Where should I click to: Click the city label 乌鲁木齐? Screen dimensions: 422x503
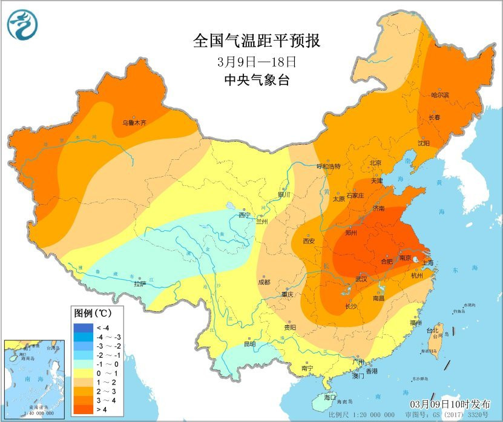135,122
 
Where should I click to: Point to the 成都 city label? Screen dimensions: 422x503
264,282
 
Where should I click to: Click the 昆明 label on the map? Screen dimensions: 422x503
250,344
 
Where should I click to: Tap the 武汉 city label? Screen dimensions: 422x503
361,279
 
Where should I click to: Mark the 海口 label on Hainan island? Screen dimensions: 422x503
330,397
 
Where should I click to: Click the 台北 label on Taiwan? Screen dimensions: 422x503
433,331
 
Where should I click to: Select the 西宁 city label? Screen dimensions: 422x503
244,215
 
